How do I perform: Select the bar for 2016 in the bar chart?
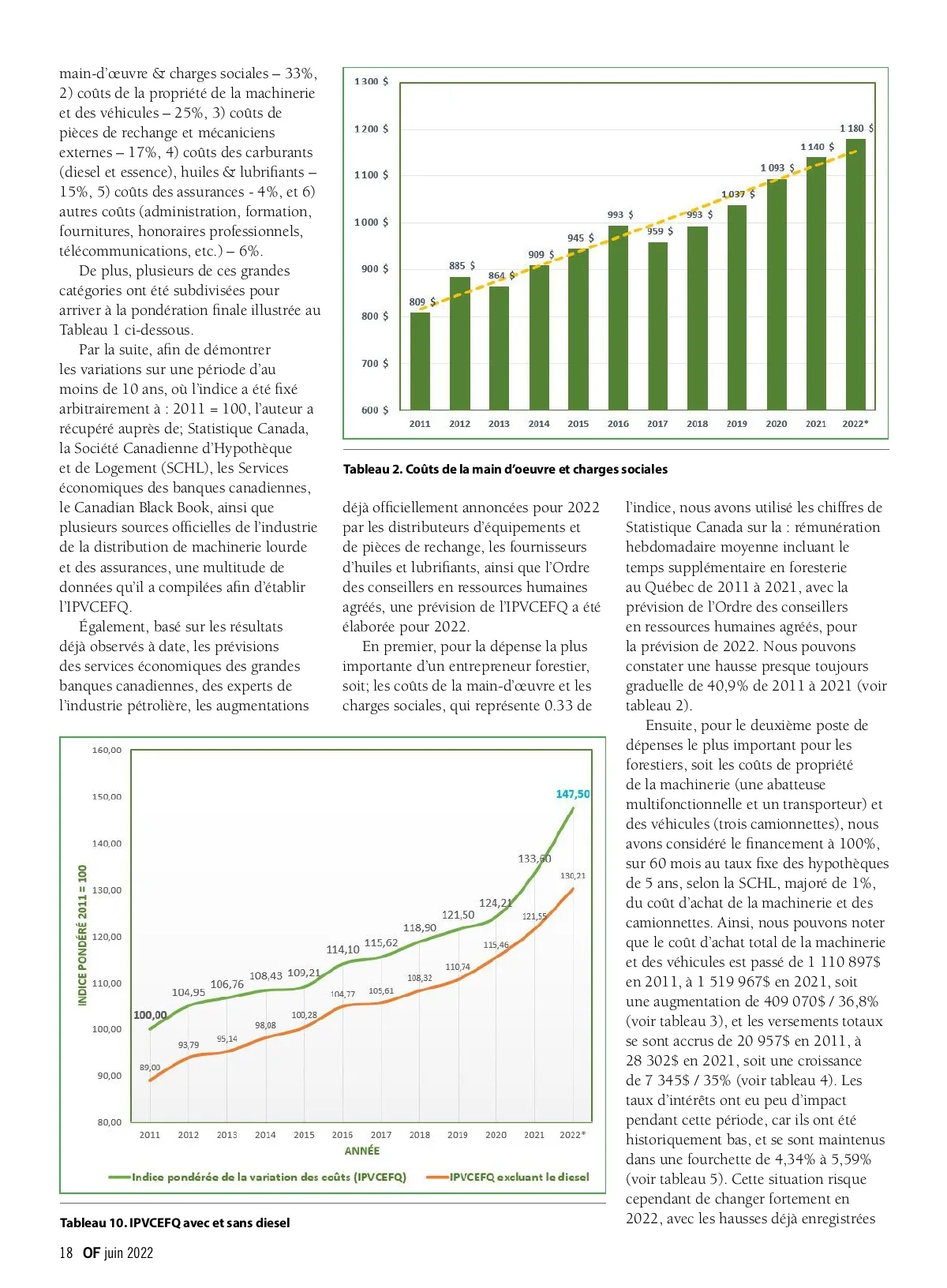618,318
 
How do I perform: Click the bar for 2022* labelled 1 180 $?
855,275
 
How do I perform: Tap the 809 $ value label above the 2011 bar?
422,301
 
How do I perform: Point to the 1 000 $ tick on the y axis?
371,223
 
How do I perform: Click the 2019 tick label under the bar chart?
736,424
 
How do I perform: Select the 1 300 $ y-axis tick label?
371,81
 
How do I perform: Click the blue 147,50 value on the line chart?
573,794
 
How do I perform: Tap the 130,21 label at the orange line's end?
573,876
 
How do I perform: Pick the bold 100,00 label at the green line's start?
150,1015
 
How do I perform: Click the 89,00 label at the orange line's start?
150,1068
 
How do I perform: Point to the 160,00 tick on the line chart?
107,750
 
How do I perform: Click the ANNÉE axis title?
362,1151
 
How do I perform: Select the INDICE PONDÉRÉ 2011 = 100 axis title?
83,935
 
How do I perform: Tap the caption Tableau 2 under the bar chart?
505,470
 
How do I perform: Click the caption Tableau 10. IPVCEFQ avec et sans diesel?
175,1222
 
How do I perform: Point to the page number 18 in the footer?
66,1252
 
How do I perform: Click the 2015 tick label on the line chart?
304,1135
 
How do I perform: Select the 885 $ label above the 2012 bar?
462,266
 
